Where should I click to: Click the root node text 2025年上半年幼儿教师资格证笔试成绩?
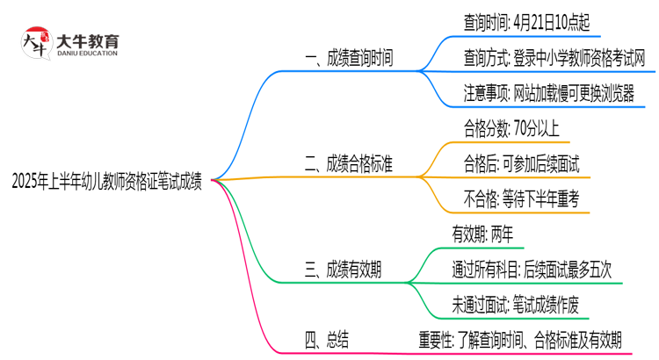107,182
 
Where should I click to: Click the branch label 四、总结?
329,339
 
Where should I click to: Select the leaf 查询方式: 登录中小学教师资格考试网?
555,58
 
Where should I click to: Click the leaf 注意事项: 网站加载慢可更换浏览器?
549,93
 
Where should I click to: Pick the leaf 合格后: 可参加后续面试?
521,163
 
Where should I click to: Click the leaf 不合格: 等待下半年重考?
521,198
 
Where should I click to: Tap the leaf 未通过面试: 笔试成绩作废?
514,304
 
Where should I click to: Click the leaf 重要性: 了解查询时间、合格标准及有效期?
520,339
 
